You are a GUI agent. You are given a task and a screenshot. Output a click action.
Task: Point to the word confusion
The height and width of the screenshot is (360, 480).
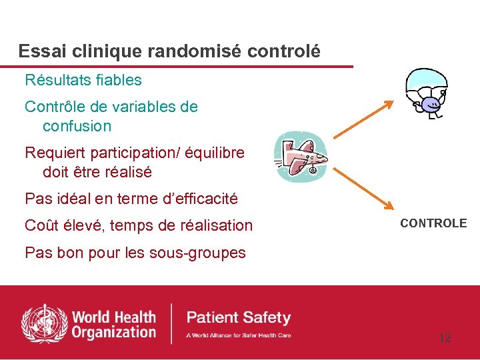pos(77,126)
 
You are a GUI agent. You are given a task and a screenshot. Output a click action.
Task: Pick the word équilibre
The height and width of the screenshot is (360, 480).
pos(215,153)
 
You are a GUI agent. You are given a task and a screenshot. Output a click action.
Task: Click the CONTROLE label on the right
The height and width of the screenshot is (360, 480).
pos(433,223)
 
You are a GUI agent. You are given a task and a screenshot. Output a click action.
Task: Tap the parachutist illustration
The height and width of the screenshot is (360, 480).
pos(427,94)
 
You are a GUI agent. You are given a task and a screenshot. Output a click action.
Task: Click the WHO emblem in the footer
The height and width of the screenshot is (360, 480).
pos(45,324)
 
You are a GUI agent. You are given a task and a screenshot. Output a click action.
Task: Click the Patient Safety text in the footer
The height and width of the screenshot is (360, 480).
pos(239,317)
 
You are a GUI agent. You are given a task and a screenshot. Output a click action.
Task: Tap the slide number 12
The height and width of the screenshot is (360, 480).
pos(445,338)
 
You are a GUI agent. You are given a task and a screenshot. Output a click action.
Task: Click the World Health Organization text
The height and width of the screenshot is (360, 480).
pos(113,324)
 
